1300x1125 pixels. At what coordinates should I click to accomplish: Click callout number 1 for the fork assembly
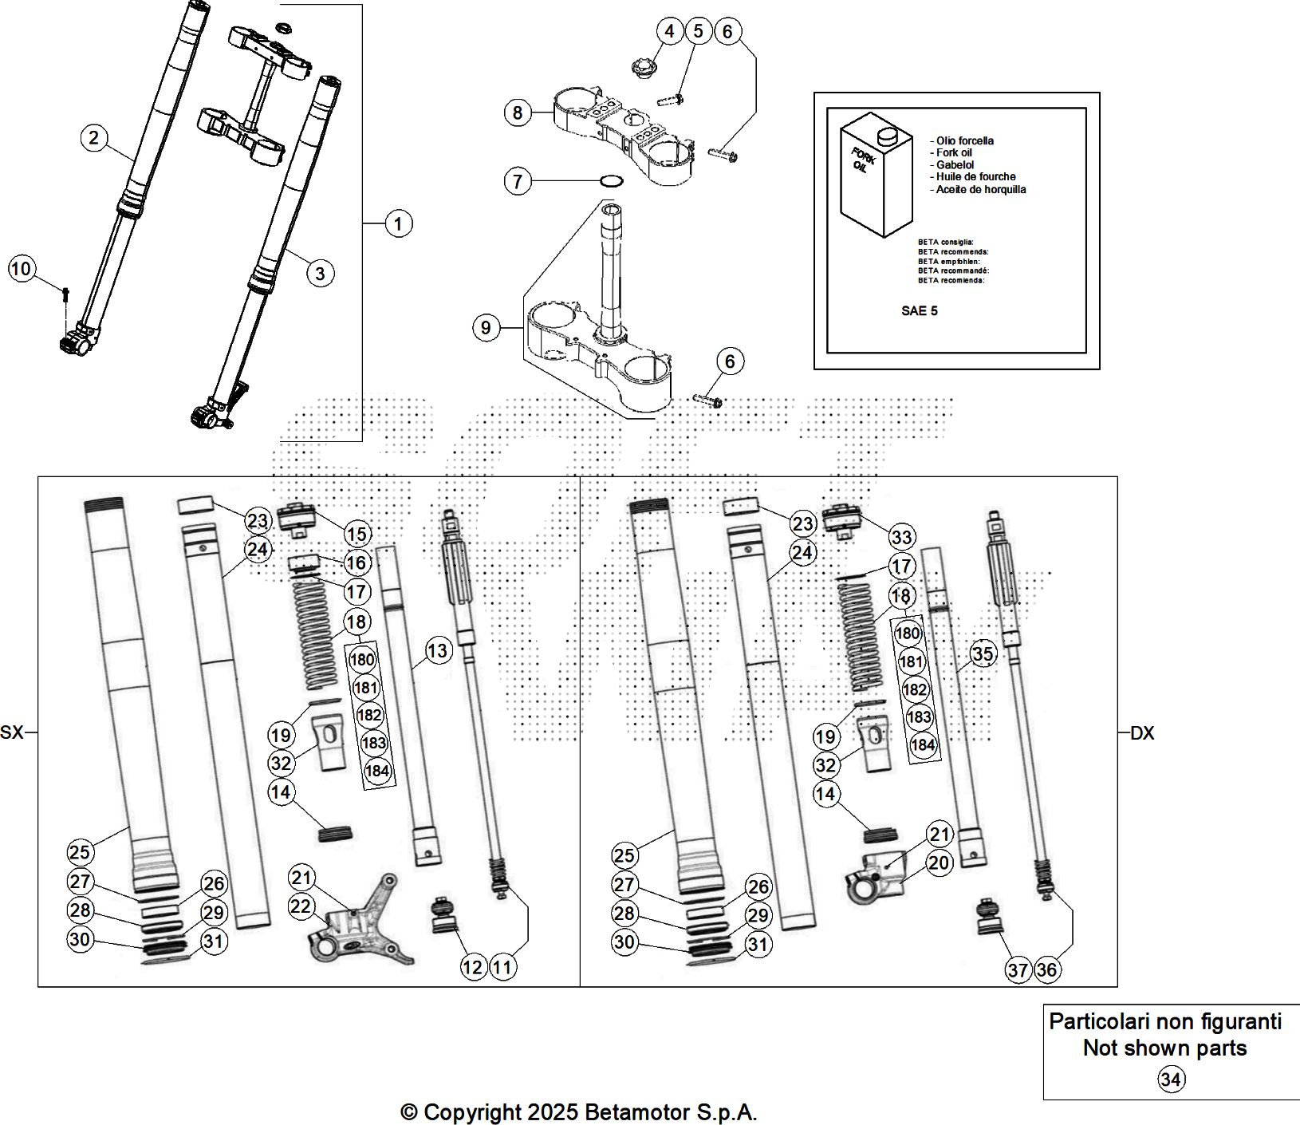pyautogui.click(x=398, y=223)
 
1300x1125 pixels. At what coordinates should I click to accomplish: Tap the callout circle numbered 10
pyautogui.click(x=22, y=269)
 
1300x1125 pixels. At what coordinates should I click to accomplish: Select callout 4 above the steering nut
pyautogui.click(x=670, y=31)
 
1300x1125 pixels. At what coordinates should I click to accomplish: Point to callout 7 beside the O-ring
pyautogui.click(x=518, y=182)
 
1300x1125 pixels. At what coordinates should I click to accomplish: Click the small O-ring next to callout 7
pyautogui.click(x=612, y=181)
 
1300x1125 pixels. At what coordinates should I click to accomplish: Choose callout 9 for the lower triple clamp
pyautogui.click(x=487, y=327)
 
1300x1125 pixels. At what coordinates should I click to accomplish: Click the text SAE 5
pyautogui.click(x=919, y=311)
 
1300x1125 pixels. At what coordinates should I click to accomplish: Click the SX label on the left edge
pyautogui.click(x=12, y=732)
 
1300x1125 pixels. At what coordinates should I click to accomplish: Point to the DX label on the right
pyautogui.click(x=1142, y=733)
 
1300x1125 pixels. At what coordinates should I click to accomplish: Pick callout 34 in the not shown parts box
pyautogui.click(x=1171, y=1080)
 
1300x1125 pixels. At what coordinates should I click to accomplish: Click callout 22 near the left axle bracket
pyautogui.click(x=301, y=906)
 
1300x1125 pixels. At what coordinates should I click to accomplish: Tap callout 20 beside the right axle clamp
pyautogui.click(x=940, y=862)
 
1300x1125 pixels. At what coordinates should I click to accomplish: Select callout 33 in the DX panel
pyautogui.click(x=902, y=537)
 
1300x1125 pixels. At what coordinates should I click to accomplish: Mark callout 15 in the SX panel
pyautogui.click(x=357, y=534)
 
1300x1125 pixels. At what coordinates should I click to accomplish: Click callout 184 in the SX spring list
pyautogui.click(x=376, y=772)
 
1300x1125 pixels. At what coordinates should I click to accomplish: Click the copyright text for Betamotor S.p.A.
pyautogui.click(x=578, y=1111)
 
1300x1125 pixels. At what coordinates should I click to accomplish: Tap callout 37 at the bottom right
pyautogui.click(x=1018, y=970)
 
